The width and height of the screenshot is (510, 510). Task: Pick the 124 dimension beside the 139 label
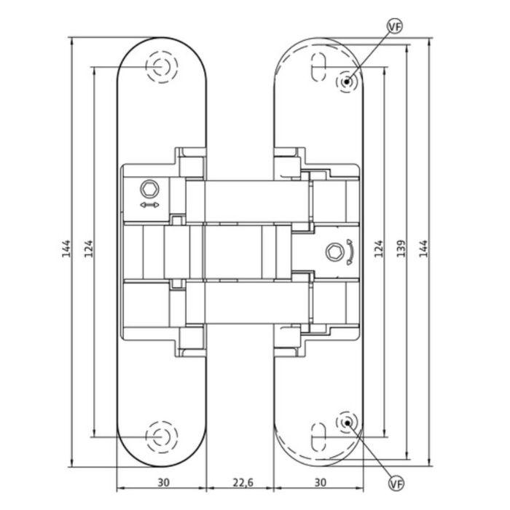pyautogui.click(x=377, y=248)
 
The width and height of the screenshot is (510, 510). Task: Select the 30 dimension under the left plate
pyautogui.click(x=163, y=482)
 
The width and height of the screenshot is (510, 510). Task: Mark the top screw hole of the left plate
pyautogui.click(x=161, y=68)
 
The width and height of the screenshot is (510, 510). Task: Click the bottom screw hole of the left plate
pyautogui.click(x=161, y=437)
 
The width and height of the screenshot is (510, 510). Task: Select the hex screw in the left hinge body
pyautogui.click(x=149, y=189)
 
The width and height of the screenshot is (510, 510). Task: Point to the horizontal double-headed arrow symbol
pyautogui.click(x=149, y=207)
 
